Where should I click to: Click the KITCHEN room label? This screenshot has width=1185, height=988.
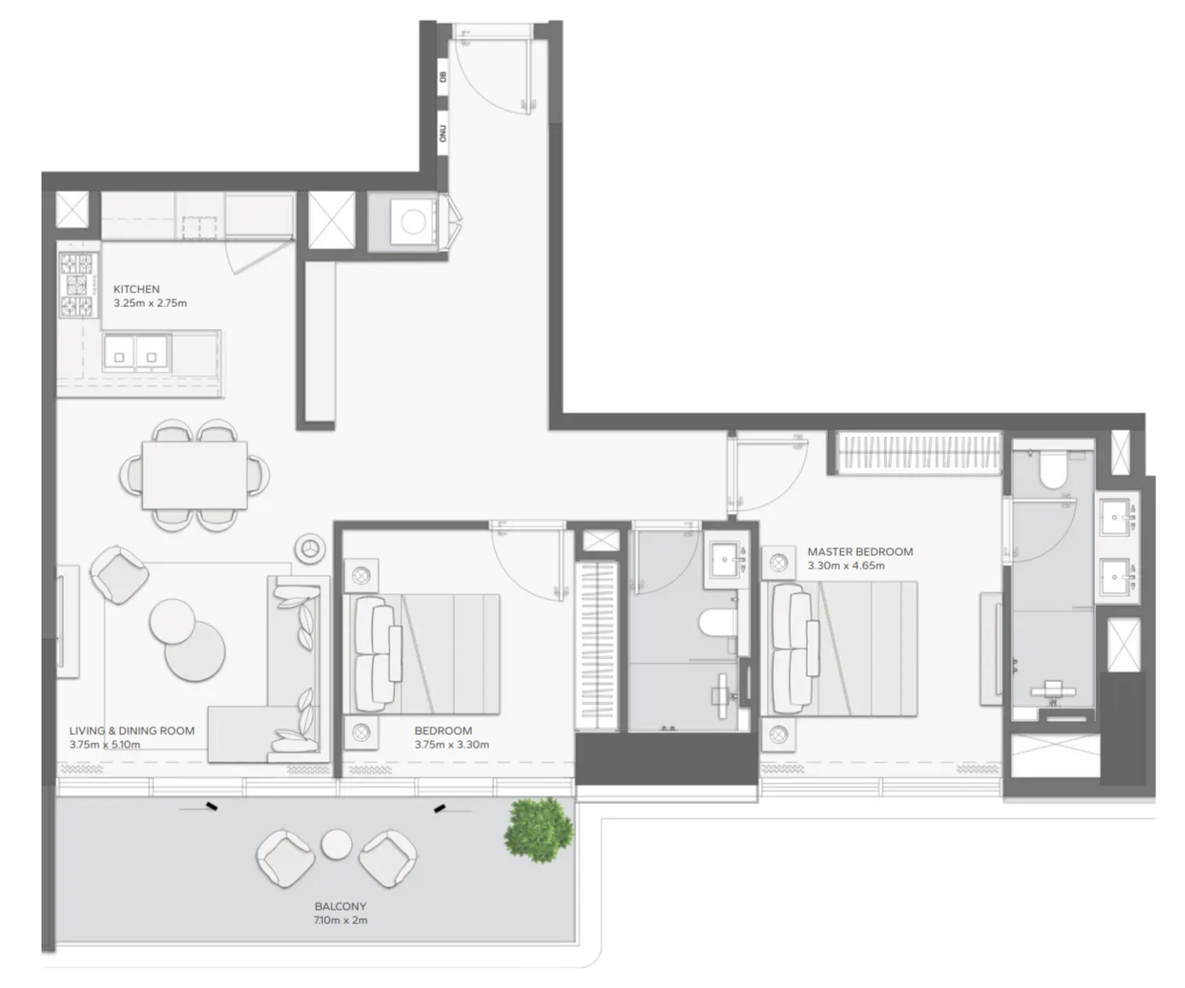pyautogui.click(x=136, y=289)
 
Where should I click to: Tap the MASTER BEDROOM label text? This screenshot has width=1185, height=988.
pyautogui.click(x=860, y=552)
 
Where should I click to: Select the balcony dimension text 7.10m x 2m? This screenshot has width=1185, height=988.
pyautogui.click(x=341, y=920)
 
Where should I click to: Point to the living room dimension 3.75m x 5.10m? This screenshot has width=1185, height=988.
pyautogui.click(x=105, y=744)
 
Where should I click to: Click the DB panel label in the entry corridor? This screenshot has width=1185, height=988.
pyautogui.click(x=443, y=77)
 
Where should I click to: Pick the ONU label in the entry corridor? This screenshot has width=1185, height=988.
pyautogui.click(x=443, y=134)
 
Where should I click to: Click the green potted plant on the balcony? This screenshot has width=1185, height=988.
pyautogui.click(x=538, y=829)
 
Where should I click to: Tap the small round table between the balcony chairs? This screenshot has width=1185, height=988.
pyautogui.click(x=337, y=844)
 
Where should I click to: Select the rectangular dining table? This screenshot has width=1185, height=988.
pyautogui.click(x=195, y=475)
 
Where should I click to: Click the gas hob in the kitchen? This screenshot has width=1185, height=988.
pyautogui.click(x=78, y=285)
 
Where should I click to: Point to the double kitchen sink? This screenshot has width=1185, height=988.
pyautogui.click(x=136, y=353)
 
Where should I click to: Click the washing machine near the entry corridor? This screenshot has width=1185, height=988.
pyautogui.click(x=413, y=222)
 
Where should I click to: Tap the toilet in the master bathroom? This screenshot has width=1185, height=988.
pyautogui.click(x=1053, y=471)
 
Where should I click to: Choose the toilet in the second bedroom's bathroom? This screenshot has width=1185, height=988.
pyautogui.click(x=718, y=623)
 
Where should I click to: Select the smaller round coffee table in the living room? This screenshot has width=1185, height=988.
pyautogui.click(x=173, y=621)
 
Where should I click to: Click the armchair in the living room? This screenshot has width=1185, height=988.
pyautogui.click(x=119, y=575)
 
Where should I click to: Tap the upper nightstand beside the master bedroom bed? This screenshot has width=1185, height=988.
pyautogui.click(x=779, y=563)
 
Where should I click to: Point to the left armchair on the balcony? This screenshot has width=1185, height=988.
pyautogui.click(x=285, y=858)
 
